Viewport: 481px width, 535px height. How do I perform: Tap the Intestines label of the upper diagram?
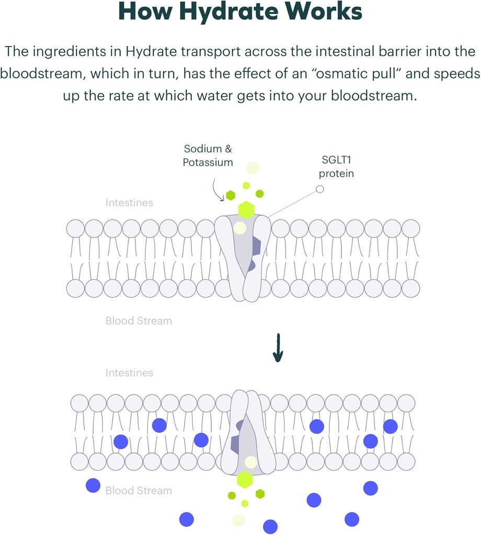click(129, 202)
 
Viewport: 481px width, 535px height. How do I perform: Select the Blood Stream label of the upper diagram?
click(139, 320)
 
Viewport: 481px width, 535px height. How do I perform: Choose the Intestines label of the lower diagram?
click(129, 373)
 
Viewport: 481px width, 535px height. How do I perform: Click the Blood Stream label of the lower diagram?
click(139, 491)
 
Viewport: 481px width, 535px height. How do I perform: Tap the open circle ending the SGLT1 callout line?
click(320, 189)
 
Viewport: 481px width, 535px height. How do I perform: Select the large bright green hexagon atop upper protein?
click(246, 210)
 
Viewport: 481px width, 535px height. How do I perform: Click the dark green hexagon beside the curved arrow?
click(231, 196)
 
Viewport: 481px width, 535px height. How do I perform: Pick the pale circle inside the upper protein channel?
click(240, 228)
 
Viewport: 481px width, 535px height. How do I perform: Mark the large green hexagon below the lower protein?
click(245, 479)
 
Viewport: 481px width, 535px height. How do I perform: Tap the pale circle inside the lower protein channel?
click(251, 462)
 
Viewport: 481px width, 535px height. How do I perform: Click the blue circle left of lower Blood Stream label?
click(93, 485)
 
